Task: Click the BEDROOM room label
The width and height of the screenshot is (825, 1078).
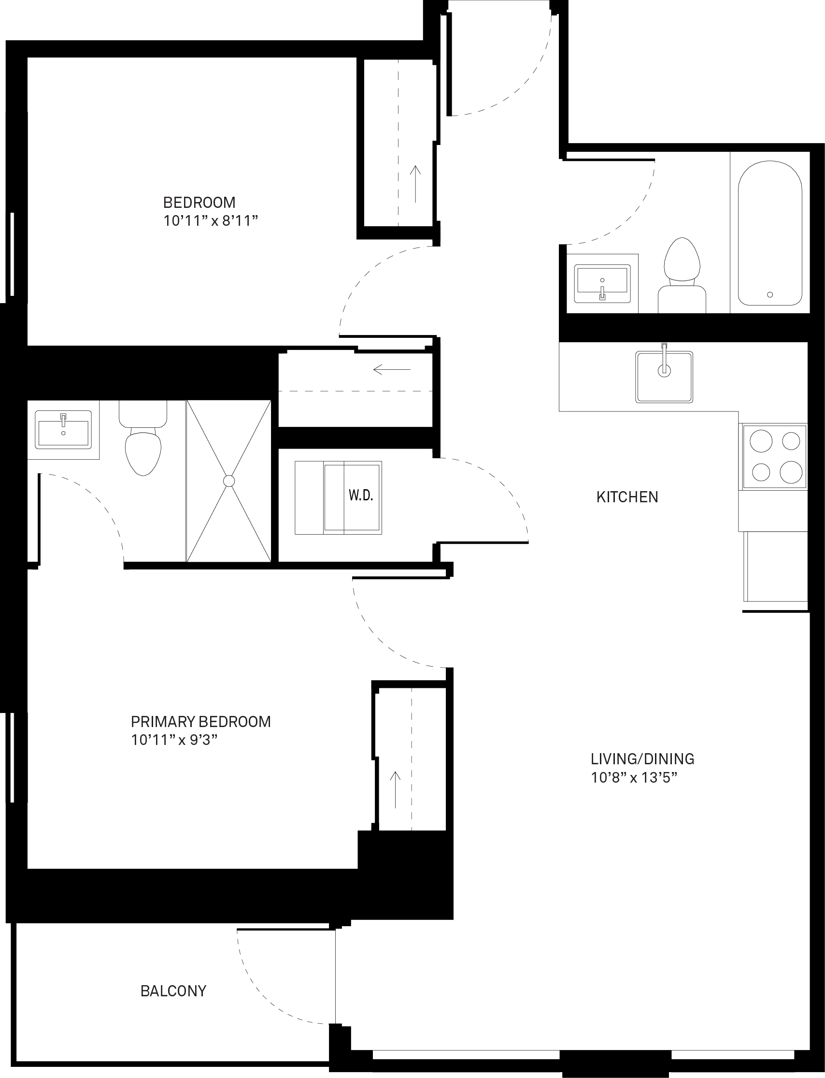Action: [199, 203]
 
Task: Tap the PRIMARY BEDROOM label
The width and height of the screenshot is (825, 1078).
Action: [201, 722]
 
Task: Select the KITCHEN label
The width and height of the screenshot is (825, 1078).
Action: [627, 497]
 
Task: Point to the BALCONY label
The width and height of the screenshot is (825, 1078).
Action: [173, 991]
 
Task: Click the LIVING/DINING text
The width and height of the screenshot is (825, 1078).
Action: [642, 759]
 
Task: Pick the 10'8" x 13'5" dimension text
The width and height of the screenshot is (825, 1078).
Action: [634, 778]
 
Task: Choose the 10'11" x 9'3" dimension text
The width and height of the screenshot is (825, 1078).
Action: [174, 740]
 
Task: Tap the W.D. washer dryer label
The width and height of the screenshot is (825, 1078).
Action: [361, 495]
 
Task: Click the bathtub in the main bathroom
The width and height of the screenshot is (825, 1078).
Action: [770, 233]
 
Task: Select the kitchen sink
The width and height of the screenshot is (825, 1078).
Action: [664, 377]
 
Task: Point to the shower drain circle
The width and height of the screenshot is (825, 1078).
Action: [229, 481]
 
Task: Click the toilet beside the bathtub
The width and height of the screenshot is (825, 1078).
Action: [682, 276]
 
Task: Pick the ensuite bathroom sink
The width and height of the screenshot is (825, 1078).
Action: [63, 429]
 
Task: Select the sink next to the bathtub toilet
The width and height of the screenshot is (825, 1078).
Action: [602, 283]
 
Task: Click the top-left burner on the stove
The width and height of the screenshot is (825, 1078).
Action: [761, 441]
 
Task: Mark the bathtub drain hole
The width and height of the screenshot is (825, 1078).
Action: [770, 295]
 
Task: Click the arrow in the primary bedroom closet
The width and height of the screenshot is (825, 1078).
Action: [395, 789]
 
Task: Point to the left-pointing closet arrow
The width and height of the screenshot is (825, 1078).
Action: [392, 369]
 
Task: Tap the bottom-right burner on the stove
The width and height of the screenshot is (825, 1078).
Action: [791, 472]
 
